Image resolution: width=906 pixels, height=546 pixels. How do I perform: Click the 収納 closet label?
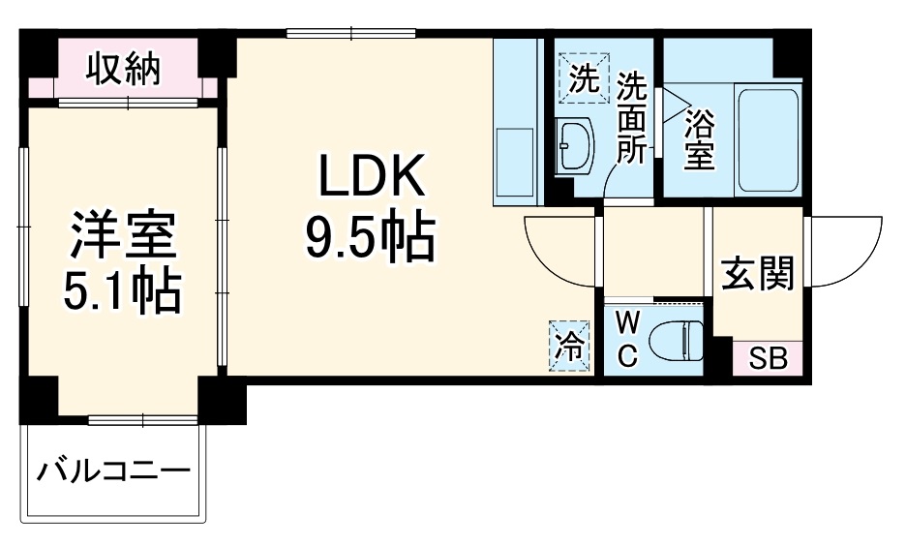tap(123, 71)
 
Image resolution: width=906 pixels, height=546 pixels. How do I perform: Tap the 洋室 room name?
tap(122, 236)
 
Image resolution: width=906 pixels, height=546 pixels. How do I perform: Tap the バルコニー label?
tap(113, 473)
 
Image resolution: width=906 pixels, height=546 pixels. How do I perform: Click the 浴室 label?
tap(699, 139)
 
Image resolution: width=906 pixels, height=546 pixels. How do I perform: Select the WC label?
tap(626, 340)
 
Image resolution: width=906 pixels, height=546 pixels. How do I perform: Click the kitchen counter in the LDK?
tap(517, 124)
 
